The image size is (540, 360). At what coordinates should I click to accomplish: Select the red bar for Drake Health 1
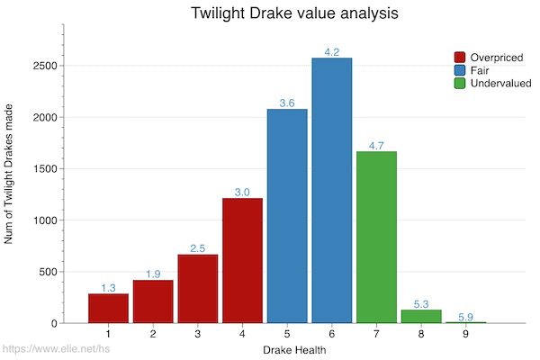point(108,308)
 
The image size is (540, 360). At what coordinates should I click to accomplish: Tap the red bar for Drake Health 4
point(242,260)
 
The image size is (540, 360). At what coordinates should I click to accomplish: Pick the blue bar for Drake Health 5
point(287,216)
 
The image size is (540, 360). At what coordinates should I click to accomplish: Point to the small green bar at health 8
point(420,316)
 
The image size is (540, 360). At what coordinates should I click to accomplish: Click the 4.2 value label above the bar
point(331,52)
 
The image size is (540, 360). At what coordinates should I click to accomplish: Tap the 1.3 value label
point(108,288)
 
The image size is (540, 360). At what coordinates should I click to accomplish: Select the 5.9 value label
point(465,317)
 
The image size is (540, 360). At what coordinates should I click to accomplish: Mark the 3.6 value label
point(287,103)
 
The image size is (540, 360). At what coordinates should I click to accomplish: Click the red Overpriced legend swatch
point(460,58)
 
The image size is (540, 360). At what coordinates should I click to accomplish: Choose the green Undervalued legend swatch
point(460,83)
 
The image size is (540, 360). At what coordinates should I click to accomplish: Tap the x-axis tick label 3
point(197,334)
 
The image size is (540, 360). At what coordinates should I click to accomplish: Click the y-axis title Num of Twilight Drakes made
point(10,184)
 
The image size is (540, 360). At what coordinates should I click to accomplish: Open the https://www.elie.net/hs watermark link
point(56,349)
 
